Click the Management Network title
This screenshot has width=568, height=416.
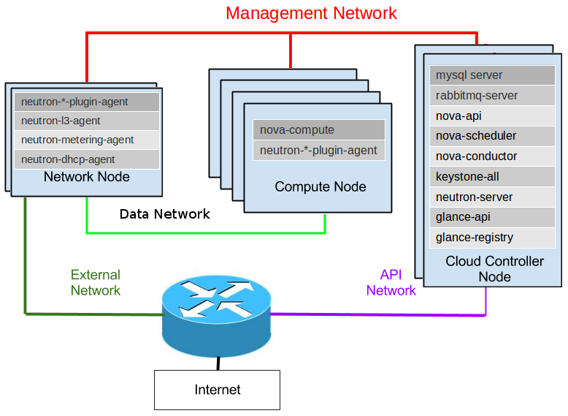click(x=311, y=13)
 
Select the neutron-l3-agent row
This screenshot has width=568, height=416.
click(x=86, y=121)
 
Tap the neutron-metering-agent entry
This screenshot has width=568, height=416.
click(x=86, y=140)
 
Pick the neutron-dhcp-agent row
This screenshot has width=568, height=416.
click(x=86, y=159)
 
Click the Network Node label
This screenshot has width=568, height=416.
click(x=86, y=177)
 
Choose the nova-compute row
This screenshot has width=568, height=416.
click(x=318, y=130)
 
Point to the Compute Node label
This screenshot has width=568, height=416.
click(x=321, y=187)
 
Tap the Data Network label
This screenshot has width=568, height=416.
click(x=164, y=214)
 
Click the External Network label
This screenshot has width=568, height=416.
click(x=96, y=283)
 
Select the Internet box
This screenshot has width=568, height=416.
click(x=217, y=390)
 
